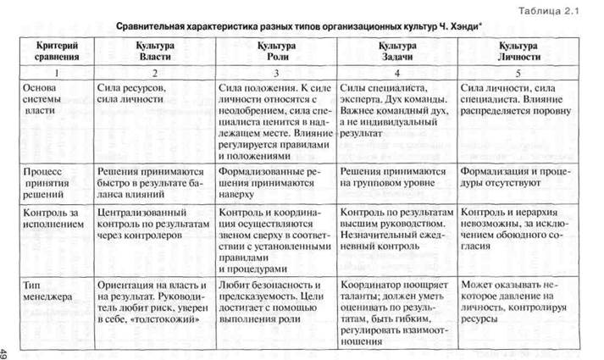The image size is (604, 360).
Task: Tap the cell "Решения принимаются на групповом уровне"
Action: pyautogui.click(x=391, y=179)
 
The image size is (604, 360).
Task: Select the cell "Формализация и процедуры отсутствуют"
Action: pyautogui.click(x=516, y=179)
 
